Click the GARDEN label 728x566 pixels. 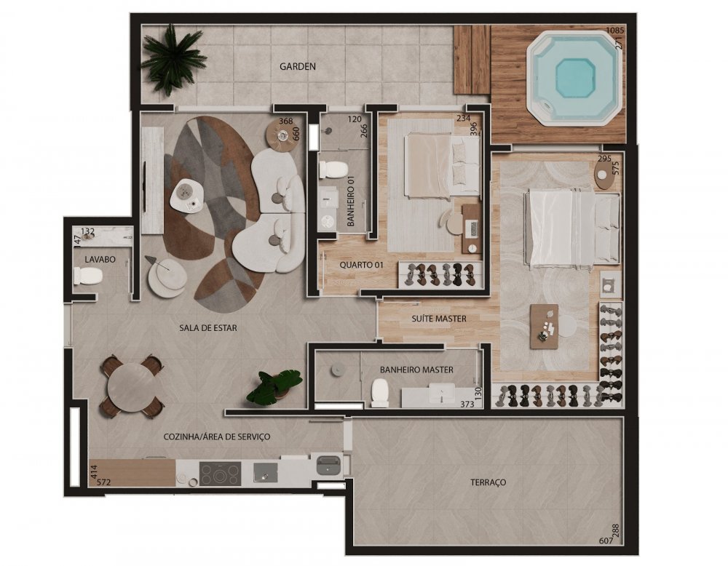[298, 66]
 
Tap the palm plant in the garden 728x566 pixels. [173, 60]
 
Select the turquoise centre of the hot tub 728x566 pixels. [575, 77]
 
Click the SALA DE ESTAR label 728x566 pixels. [208, 328]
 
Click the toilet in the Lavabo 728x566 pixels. [88, 277]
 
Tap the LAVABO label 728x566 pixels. [100, 260]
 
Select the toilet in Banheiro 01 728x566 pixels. [333, 170]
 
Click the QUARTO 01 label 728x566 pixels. [362, 265]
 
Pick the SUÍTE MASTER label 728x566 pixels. [439, 319]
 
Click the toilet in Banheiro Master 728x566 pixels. [380, 392]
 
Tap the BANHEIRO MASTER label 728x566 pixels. [416, 370]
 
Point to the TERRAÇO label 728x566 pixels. [488, 482]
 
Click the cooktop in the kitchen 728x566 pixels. [220, 474]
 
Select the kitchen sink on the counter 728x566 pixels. [265, 473]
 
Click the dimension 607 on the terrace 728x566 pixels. [606, 541]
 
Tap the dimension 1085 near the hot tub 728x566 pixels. [616, 30]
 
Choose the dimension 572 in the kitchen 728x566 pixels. [103, 482]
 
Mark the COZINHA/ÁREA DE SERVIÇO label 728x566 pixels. [217, 437]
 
